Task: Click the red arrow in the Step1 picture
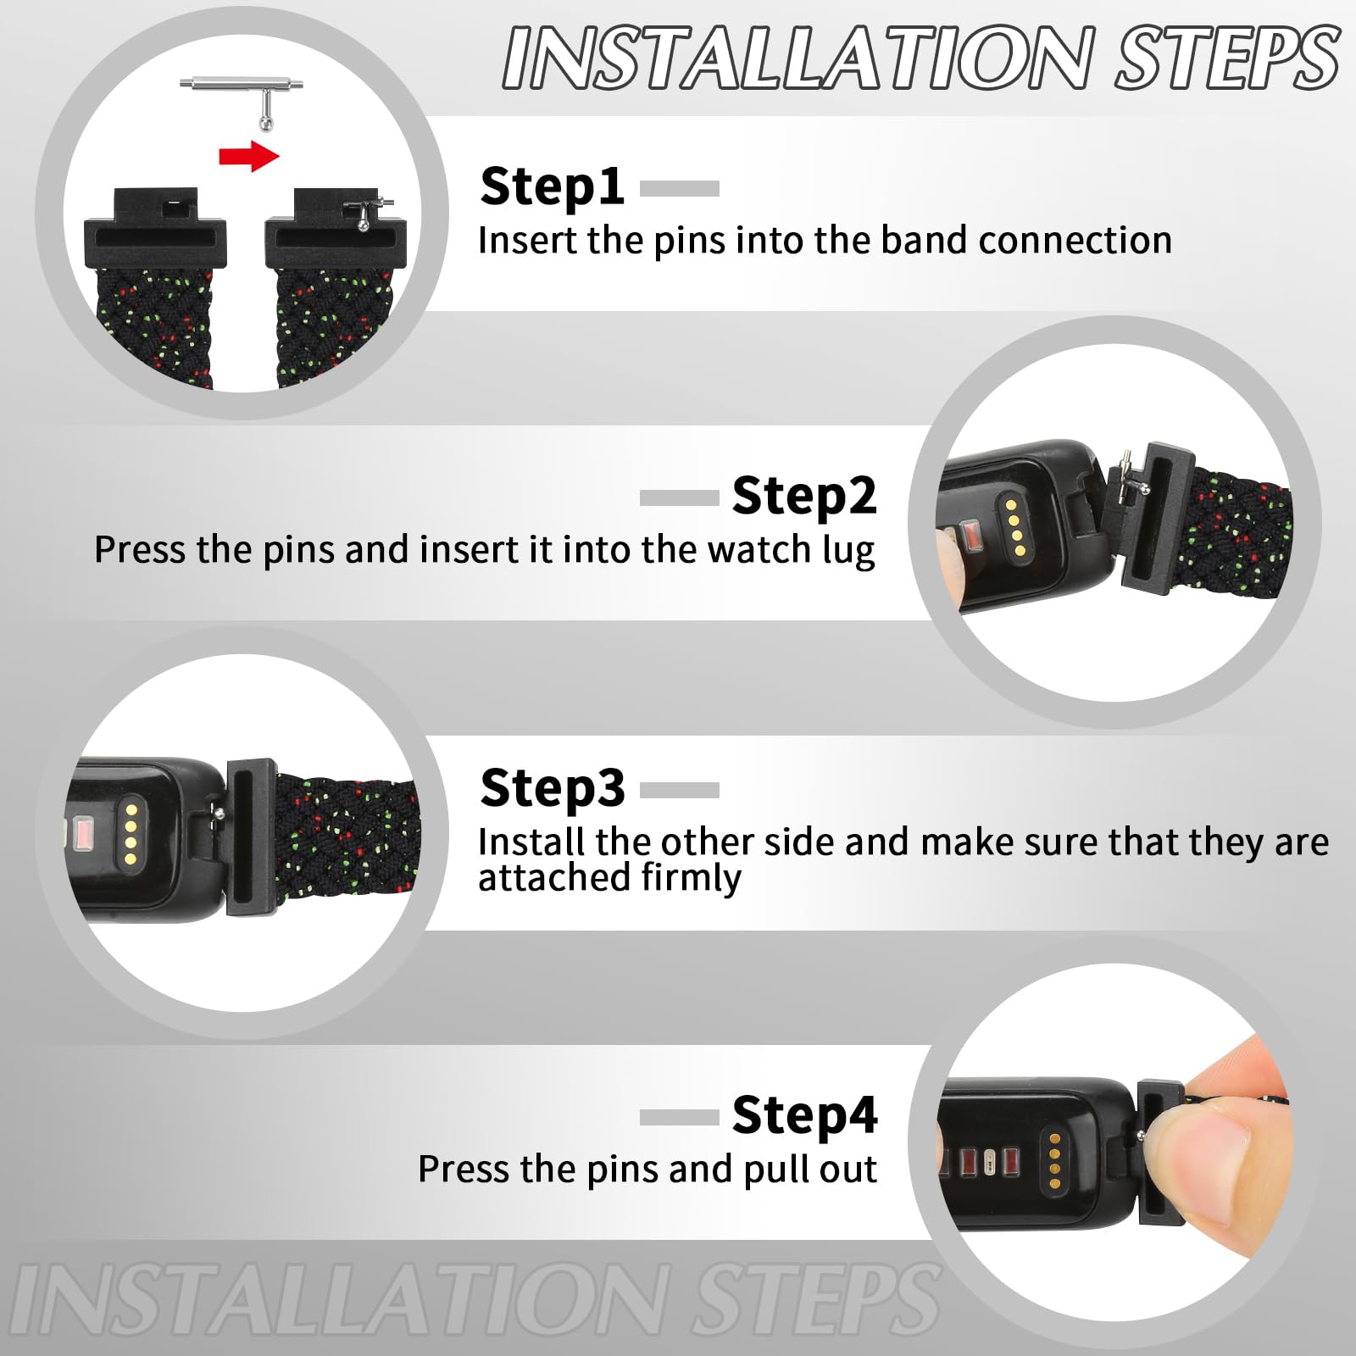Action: (x=249, y=155)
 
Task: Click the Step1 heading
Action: (x=552, y=187)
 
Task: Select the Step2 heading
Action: (x=804, y=496)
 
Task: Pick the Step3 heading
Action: (x=552, y=789)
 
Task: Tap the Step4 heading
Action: (x=805, y=1115)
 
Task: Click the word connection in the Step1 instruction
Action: (x=1075, y=241)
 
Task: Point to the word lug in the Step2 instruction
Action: (x=848, y=552)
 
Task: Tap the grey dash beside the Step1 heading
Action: (x=680, y=188)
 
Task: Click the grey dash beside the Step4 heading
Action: (x=680, y=1118)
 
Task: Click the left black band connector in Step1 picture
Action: (x=156, y=227)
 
